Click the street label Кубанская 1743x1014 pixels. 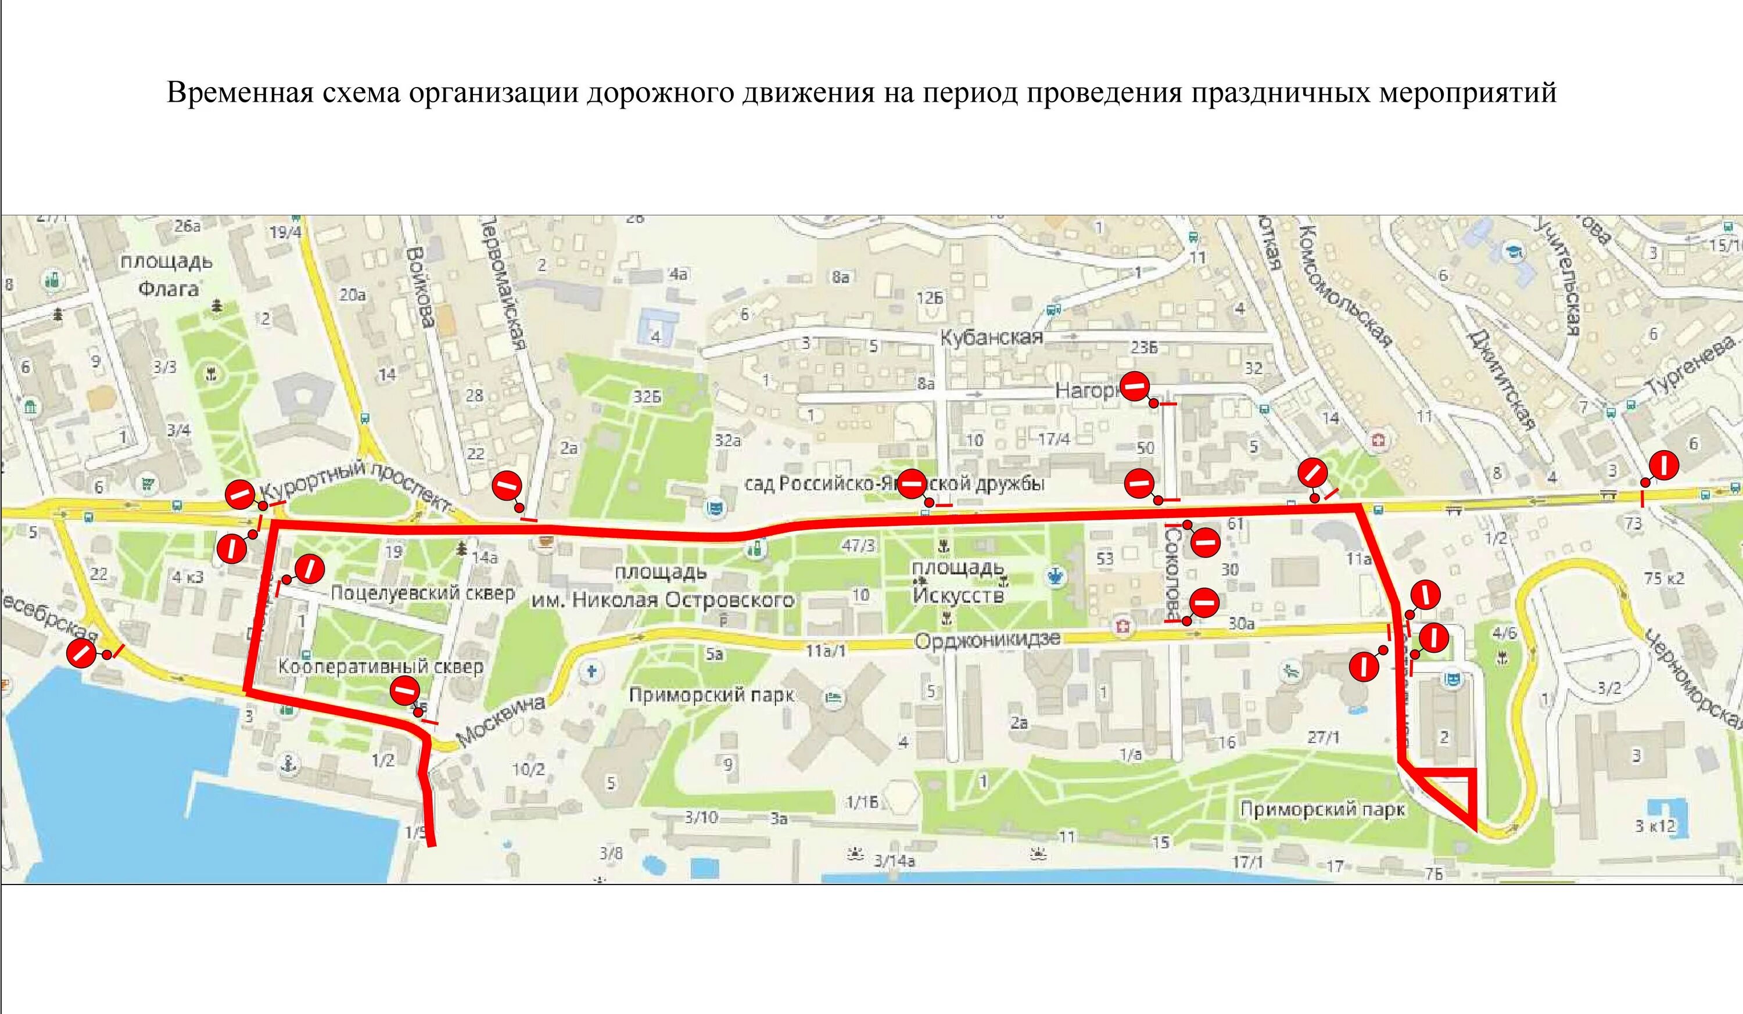[991, 338]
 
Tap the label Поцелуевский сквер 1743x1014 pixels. [422, 593]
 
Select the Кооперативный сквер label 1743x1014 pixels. [381, 666]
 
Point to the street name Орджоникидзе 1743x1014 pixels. [987, 640]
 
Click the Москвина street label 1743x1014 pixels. [501, 721]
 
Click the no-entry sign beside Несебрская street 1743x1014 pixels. [80, 653]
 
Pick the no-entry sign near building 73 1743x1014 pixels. [1664, 465]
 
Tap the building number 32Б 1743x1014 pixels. [647, 397]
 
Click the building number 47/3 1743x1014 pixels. [858, 545]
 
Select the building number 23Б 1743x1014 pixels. [1143, 348]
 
